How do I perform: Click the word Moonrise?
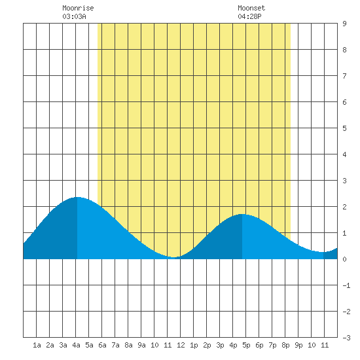pyautogui.click(x=78, y=8)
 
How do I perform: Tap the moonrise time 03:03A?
pyautogui.click(x=74, y=16)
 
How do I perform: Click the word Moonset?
pyautogui.click(x=251, y=8)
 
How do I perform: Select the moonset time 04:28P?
pyautogui.click(x=249, y=16)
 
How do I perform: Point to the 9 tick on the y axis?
pyautogui.click(x=344, y=24)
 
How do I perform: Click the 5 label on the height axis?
pyautogui.click(x=344, y=128)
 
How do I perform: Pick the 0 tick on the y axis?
pyautogui.click(x=344, y=259)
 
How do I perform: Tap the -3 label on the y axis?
pyautogui.click(x=346, y=338)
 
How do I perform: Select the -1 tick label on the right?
pyautogui.click(x=346, y=285)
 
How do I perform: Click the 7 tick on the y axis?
pyautogui.click(x=344, y=76)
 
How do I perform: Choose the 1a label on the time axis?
pyautogui.click(x=37, y=345)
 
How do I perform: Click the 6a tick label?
pyautogui.click(x=102, y=345)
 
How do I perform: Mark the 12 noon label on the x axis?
pyautogui.click(x=181, y=345)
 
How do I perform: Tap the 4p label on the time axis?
pyautogui.click(x=233, y=345)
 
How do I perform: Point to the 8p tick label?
pyautogui.click(x=285, y=345)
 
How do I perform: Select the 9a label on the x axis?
pyautogui.click(x=141, y=345)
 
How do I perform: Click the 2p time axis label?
pyautogui.click(x=207, y=345)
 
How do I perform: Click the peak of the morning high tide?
pyautogui.click(x=77, y=197)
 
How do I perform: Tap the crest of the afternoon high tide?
pyautogui.click(x=242, y=214)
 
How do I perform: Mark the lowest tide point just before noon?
pyautogui.click(x=175, y=257)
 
